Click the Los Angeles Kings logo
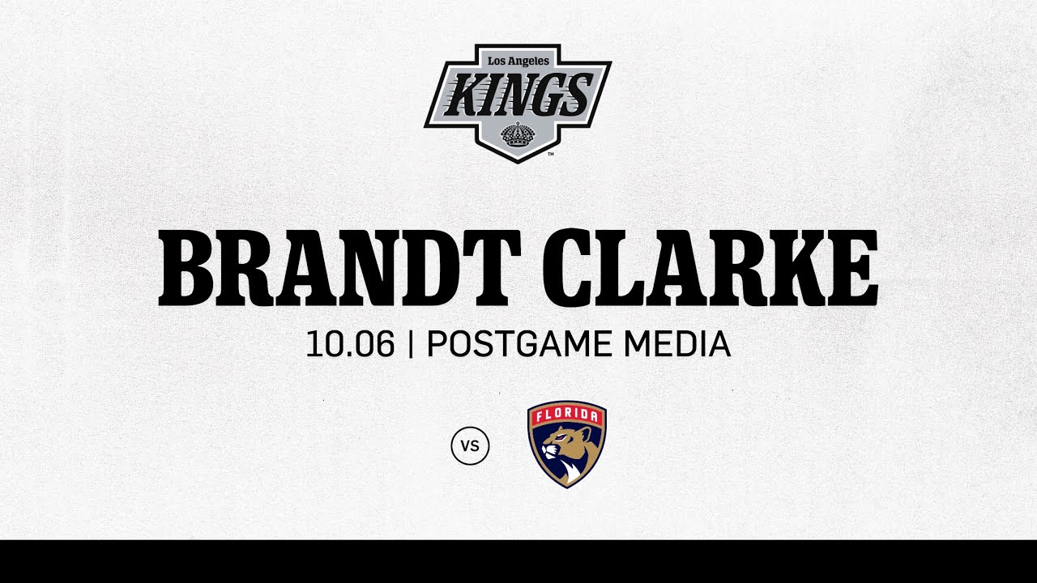[x=518, y=102]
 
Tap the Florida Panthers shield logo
[x=566, y=445]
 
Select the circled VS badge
[x=470, y=445]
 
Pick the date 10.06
[x=350, y=345]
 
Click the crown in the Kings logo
[x=517, y=134]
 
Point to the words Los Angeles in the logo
[x=518, y=61]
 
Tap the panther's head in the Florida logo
[x=557, y=445]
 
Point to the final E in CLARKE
[x=850, y=268]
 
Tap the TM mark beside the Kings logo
[x=551, y=153]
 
